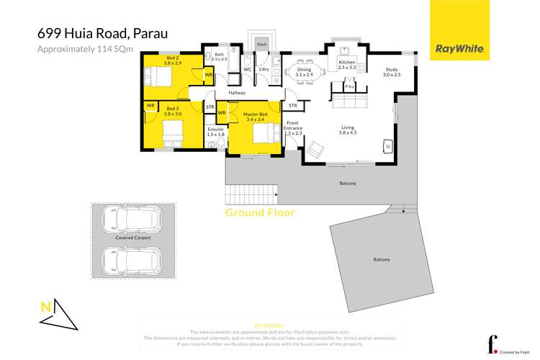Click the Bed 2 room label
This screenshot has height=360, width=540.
point(173,60)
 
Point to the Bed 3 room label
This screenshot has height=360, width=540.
point(173,110)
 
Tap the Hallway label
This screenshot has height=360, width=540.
point(237,93)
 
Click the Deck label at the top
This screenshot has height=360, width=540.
point(261,45)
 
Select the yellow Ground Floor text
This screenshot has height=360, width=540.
point(260,212)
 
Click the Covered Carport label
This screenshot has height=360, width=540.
point(132,237)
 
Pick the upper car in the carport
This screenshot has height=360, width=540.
point(132,217)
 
